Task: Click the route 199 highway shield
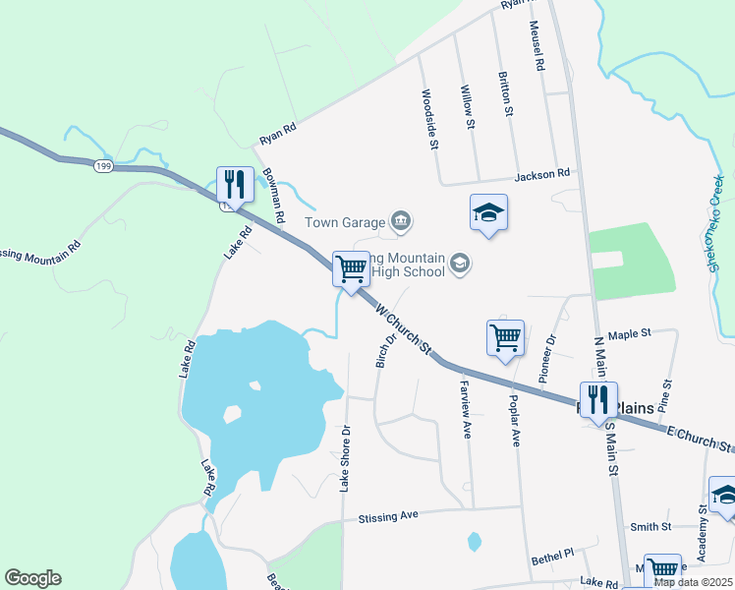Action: pos(103,166)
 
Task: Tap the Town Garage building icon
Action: pos(400,221)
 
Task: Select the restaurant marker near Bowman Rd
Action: pos(234,184)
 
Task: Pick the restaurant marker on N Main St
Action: pos(598,399)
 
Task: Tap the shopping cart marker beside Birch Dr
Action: pos(351,267)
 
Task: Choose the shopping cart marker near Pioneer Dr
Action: pos(505,337)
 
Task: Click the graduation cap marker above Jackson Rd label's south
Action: pos(487,212)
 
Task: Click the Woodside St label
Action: pos(427,119)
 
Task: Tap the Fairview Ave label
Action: pos(465,411)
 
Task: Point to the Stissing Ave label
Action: pos(388,515)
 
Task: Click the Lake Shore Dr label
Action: pos(345,458)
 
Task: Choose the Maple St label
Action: pos(630,334)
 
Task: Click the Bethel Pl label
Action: pos(551,556)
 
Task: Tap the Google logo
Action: pos(32,578)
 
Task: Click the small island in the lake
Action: pos(233,414)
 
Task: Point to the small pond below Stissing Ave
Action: pos(475,541)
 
